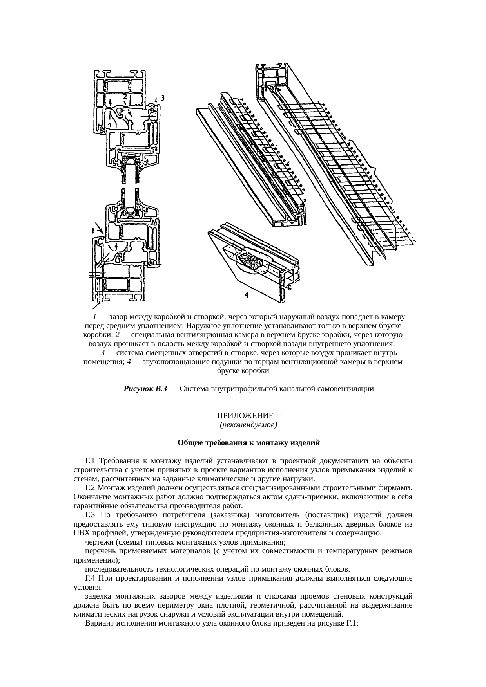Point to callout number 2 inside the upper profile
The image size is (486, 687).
click(x=124, y=96)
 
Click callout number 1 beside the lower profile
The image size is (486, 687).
click(x=92, y=231)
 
